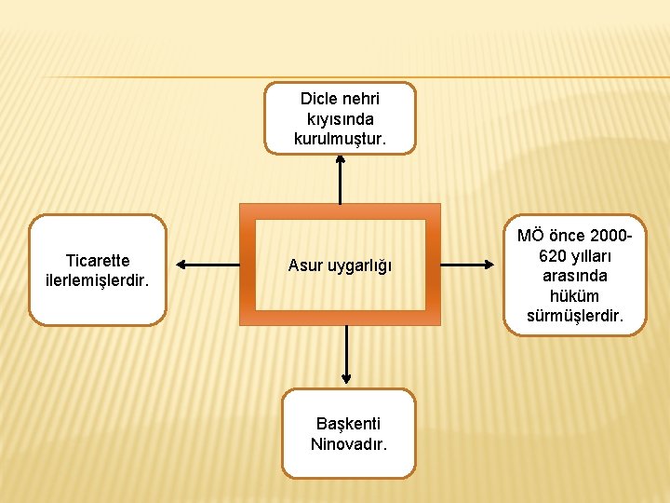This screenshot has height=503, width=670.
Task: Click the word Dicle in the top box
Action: tap(317, 99)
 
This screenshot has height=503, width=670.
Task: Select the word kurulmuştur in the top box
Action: tap(340, 140)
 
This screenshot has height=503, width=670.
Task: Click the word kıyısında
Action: tap(340, 119)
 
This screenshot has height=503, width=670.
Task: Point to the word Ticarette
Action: tap(98, 261)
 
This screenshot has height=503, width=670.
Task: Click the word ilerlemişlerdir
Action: tap(98, 280)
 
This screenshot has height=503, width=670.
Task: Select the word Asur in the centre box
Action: tap(304, 266)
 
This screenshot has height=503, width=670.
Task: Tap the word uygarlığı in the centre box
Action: tap(358, 266)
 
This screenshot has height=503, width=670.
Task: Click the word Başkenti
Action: tap(348, 424)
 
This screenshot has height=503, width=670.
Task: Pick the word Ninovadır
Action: tap(348, 443)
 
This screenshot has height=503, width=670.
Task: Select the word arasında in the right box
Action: tap(574, 276)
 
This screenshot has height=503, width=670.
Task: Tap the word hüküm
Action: tap(574, 296)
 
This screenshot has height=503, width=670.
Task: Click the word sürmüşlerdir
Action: tap(574, 316)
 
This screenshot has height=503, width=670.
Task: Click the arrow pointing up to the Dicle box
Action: tap(340, 179)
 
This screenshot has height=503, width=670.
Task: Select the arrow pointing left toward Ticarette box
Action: tap(207, 265)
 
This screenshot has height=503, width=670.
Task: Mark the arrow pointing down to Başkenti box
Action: tap(346, 355)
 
